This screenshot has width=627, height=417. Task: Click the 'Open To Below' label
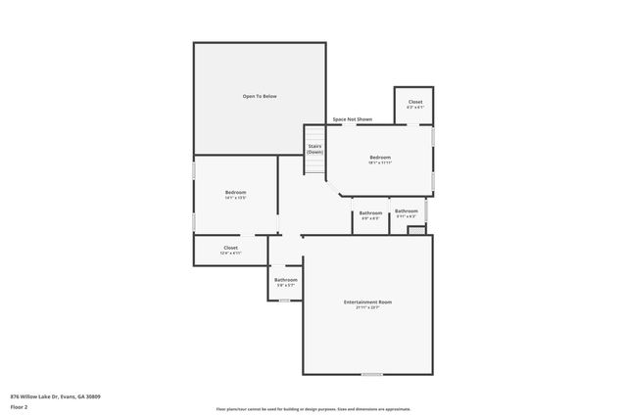260,96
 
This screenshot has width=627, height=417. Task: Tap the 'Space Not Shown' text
352,119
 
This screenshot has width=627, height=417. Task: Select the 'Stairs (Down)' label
314,149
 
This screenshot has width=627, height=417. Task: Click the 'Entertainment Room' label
367,302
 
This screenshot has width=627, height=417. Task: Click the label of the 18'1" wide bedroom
380,158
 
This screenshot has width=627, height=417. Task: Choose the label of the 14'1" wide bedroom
235,192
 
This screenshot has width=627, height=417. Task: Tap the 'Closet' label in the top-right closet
415,102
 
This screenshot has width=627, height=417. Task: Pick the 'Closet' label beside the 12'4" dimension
230,248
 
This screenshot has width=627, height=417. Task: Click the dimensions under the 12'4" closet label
230,254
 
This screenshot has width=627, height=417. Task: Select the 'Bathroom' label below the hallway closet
286,280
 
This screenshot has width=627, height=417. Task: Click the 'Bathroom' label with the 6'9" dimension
370,212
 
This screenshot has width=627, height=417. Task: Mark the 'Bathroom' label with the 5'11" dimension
407,210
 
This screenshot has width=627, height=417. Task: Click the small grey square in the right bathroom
415,231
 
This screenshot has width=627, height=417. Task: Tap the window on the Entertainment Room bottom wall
372,375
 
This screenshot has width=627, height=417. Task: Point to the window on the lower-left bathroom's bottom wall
284,300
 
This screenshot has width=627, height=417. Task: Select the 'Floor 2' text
20,404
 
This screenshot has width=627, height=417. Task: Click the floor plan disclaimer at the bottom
313,409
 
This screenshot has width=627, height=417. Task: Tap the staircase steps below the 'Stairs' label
314,166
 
